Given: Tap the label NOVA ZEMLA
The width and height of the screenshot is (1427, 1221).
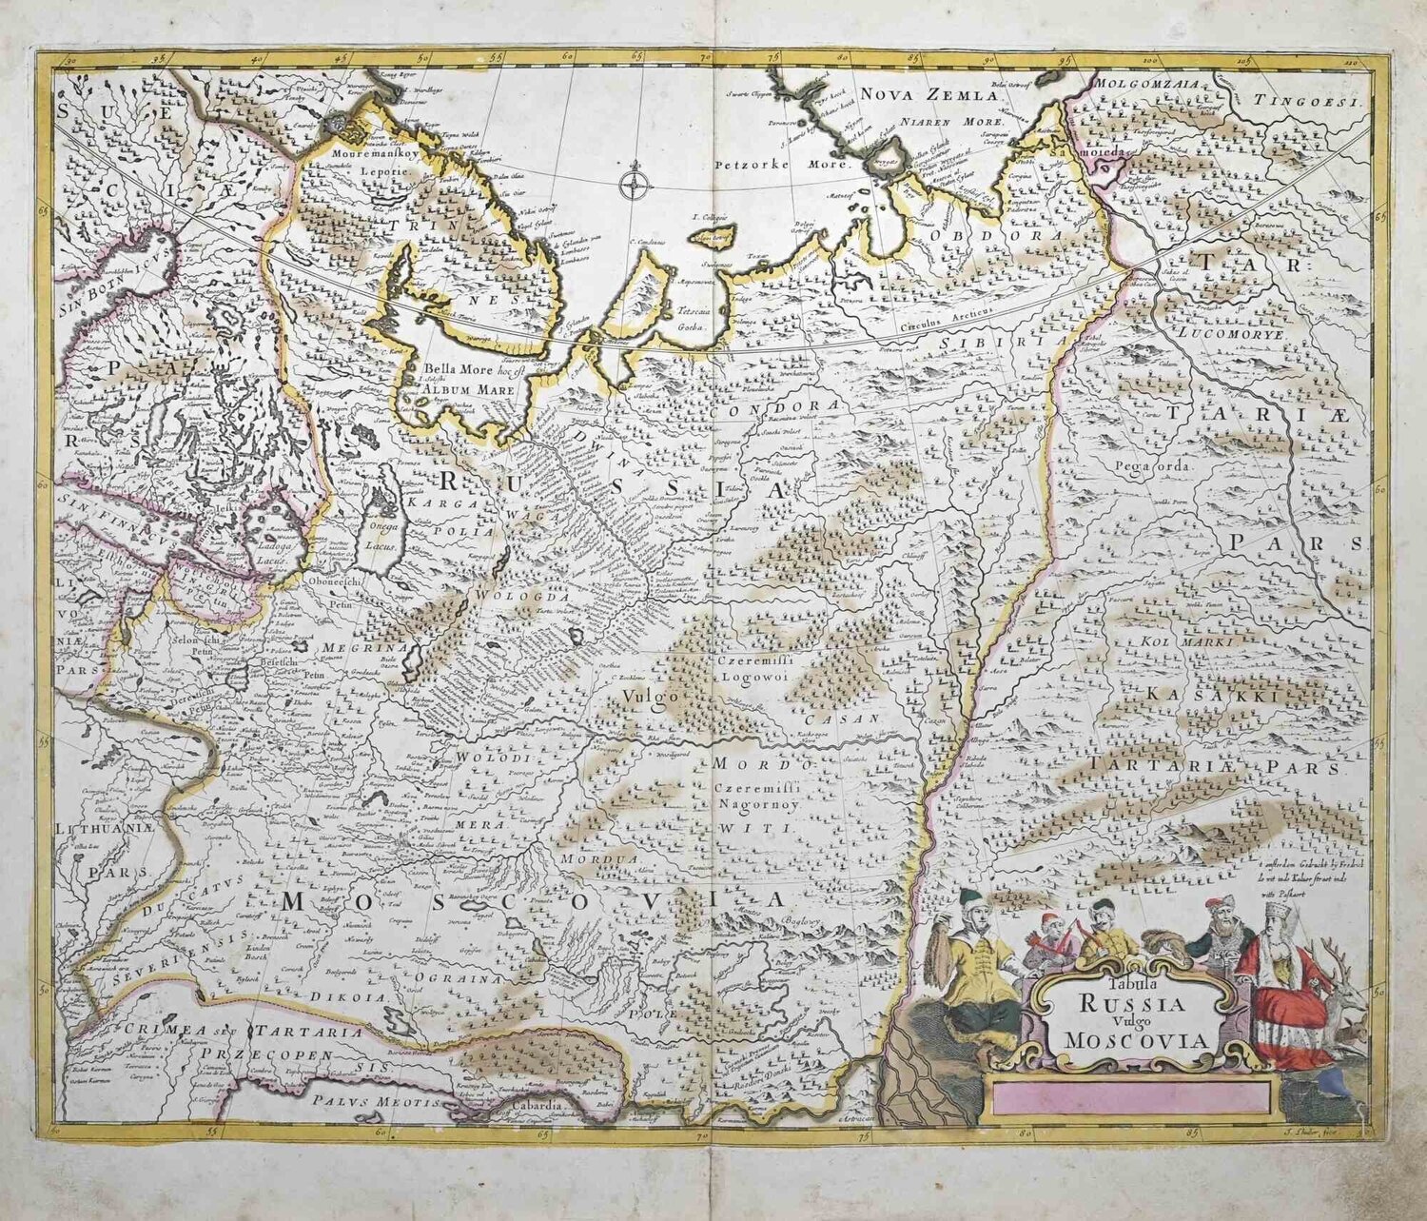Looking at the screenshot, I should [918, 93].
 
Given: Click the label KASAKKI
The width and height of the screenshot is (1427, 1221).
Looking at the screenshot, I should [1208, 697].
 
